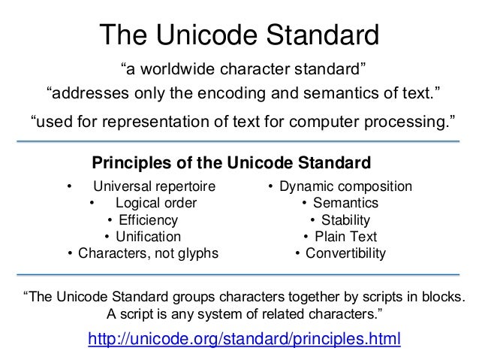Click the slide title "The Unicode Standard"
click(240, 34)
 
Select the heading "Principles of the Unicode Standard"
click(231, 162)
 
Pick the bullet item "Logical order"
click(156, 203)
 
